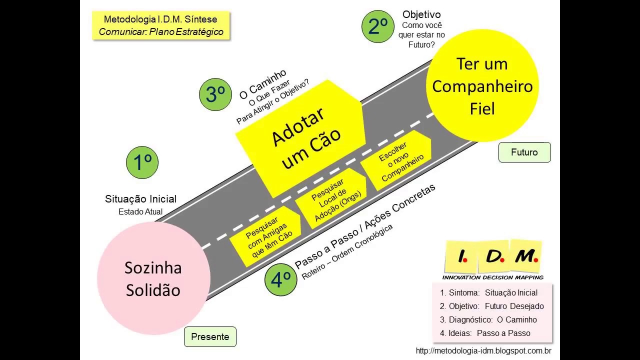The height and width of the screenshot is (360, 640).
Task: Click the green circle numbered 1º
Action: (x=142, y=162)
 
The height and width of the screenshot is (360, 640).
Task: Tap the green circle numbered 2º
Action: (x=377, y=26)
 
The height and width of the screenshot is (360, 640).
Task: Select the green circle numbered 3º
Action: (x=215, y=94)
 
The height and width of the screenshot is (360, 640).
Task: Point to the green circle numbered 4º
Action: (x=280, y=279)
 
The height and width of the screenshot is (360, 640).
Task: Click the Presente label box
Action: (x=210, y=336)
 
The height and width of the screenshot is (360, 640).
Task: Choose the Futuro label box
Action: (x=524, y=152)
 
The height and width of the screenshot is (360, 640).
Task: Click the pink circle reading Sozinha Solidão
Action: (x=153, y=278)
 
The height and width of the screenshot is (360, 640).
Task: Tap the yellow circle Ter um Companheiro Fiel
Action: (x=482, y=85)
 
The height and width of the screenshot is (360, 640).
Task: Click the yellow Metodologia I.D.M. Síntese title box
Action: (x=161, y=25)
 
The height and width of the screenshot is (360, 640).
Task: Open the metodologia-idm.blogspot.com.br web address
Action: (x=483, y=350)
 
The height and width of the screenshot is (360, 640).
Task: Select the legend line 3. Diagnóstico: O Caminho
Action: (x=488, y=319)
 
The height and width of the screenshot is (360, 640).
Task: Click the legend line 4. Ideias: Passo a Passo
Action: (x=485, y=333)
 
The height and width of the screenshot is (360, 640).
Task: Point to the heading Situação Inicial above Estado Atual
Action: (x=140, y=199)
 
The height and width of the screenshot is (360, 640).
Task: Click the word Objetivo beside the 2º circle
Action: (x=421, y=14)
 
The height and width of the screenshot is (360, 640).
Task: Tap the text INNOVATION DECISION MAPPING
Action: (x=493, y=277)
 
